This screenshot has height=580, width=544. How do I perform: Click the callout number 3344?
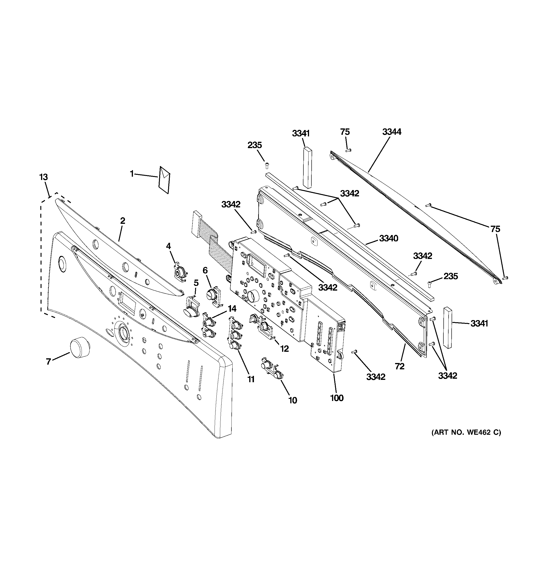pos(392,132)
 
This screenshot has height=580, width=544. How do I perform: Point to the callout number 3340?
pos(389,238)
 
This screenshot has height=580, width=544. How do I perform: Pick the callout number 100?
pos(337,398)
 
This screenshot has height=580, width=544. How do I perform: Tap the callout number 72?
pos(400,366)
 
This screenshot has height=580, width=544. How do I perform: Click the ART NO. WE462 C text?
pos(466,441)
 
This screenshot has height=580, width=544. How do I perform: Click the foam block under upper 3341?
pos(307,168)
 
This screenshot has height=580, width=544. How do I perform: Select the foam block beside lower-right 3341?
pos(448,328)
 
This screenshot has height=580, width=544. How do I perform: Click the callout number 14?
pos(232,309)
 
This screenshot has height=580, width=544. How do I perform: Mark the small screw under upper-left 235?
pos(267,166)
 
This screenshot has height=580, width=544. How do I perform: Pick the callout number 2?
pos(123,221)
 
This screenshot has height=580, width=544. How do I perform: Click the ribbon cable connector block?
pos(196,223)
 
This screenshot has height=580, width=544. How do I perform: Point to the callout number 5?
pos(196,283)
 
